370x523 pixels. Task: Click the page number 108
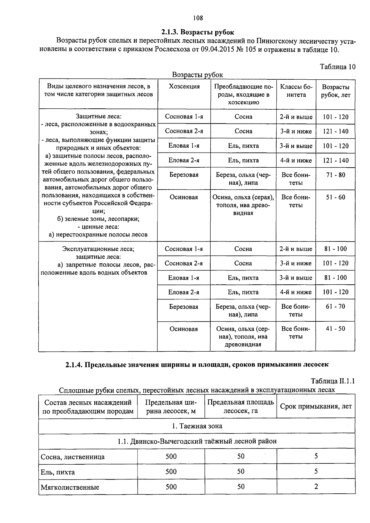coord(198,18)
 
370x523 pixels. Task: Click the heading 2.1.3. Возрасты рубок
coord(198,32)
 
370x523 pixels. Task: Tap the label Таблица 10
coord(338,67)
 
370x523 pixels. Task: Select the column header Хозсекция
coord(184,87)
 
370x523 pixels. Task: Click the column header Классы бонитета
coord(296,91)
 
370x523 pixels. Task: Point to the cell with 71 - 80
coord(335,175)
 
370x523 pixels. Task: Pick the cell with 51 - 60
coord(335,197)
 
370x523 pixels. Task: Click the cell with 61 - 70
coord(335,307)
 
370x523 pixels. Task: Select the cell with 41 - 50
coord(335,329)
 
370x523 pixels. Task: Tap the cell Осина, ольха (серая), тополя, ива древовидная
coord(243,205)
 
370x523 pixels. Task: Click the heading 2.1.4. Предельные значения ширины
coord(197,365)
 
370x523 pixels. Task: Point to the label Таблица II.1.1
coord(333,381)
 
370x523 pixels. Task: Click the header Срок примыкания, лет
coord(316,407)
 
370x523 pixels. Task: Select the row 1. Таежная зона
coord(197,426)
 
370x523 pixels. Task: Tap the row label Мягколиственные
coord(70,487)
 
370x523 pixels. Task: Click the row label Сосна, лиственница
coord(73,457)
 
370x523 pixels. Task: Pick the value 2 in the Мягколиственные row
coord(316,487)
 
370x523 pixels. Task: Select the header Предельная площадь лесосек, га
coord(240,407)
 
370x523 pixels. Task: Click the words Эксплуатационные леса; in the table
coord(98,249)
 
